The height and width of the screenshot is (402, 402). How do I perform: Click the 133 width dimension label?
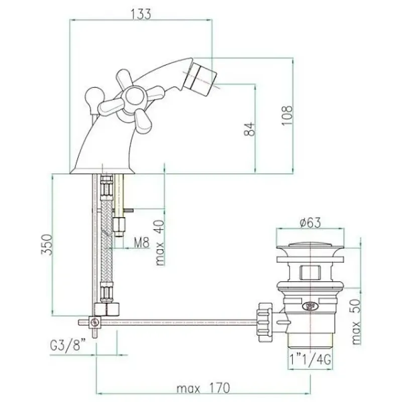pyautogui.click(x=141, y=14)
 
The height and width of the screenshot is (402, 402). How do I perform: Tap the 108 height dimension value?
pyautogui.click(x=287, y=115)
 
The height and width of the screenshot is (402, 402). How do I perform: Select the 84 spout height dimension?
pyautogui.click(x=249, y=129)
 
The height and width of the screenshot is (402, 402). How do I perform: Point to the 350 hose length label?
pyautogui.click(x=47, y=245)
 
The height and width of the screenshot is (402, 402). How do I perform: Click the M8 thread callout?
pyautogui.click(x=142, y=242)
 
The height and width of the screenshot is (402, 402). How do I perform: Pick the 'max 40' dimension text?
pyautogui.click(x=160, y=242)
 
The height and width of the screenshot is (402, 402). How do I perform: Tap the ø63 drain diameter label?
pyautogui.click(x=310, y=223)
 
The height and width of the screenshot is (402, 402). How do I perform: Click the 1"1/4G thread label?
pyautogui.click(x=310, y=359)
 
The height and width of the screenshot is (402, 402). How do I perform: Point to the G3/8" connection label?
pyautogui.click(x=68, y=346)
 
